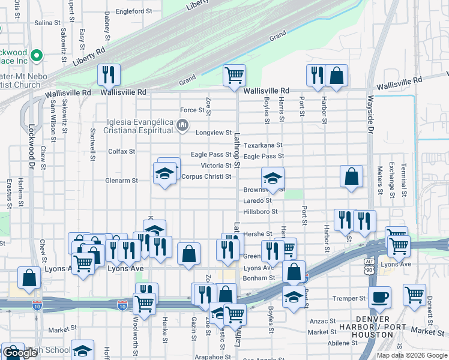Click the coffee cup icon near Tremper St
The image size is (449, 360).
(379, 296)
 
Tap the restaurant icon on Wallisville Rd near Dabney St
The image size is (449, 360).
(109, 74)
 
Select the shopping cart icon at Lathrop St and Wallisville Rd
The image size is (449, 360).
(234, 75)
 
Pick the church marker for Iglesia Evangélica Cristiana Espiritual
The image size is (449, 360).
(182, 125)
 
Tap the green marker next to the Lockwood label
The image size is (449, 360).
(36, 56)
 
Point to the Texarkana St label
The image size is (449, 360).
(262, 145)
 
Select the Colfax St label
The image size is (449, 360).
(121, 151)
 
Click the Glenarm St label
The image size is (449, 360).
(122, 180)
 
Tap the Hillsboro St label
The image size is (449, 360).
(261, 212)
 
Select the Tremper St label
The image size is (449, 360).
(349, 298)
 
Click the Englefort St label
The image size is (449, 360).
(134, 11)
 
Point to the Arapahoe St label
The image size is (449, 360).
(206, 356)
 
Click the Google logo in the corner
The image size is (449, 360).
(20, 353)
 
